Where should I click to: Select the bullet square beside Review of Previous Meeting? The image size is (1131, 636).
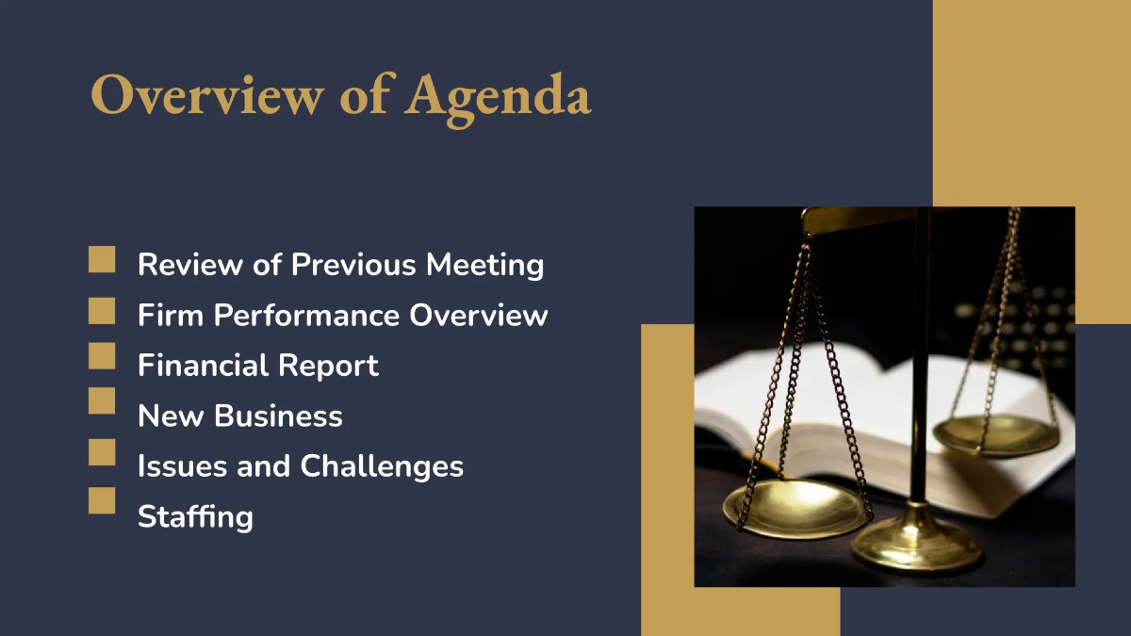click(x=102, y=260)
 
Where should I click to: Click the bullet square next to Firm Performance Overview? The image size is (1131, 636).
click(x=102, y=310)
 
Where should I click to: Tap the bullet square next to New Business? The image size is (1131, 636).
click(x=102, y=400)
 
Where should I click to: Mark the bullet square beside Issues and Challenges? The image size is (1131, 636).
click(x=102, y=451)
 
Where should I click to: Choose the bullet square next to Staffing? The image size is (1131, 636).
click(x=102, y=500)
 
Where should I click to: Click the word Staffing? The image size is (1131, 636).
click(x=195, y=516)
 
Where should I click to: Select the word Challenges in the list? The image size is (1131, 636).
click(x=382, y=465)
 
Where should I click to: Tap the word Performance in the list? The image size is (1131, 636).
click(x=307, y=315)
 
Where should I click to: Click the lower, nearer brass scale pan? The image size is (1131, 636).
click(x=796, y=507)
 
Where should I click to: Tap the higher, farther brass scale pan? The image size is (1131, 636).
click(x=995, y=434)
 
